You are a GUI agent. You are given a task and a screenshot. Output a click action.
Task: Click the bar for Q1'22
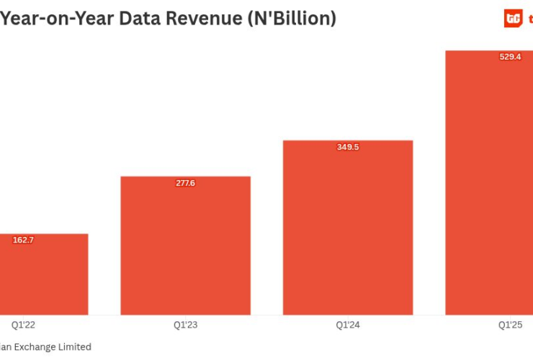[x=43, y=277]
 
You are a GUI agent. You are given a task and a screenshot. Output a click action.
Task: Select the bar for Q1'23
[x=185, y=248]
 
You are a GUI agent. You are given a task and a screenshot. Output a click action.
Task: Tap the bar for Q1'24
[x=347, y=230]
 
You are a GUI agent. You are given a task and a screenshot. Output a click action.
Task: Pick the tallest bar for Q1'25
[x=490, y=187]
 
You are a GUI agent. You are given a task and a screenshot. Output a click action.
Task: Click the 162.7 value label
[x=23, y=240]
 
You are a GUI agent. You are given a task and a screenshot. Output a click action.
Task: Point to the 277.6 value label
[x=185, y=183]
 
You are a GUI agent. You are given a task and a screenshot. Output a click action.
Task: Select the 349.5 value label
[x=348, y=147]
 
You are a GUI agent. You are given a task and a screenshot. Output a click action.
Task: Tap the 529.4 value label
[x=510, y=57]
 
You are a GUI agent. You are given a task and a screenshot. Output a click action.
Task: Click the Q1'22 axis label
[x=23, y=325]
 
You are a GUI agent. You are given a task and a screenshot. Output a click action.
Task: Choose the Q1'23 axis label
[x=185, y=325]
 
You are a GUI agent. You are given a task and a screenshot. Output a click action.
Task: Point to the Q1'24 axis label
[x=348, y=325]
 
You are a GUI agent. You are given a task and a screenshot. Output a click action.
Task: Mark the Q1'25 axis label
[x=510, y=325]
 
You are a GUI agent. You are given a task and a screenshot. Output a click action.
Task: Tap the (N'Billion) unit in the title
[x=292, y=18]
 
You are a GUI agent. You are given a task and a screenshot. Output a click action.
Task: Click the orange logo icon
[x=513, y=19]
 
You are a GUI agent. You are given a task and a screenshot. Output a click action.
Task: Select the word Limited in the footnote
[x=75, y=347]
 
